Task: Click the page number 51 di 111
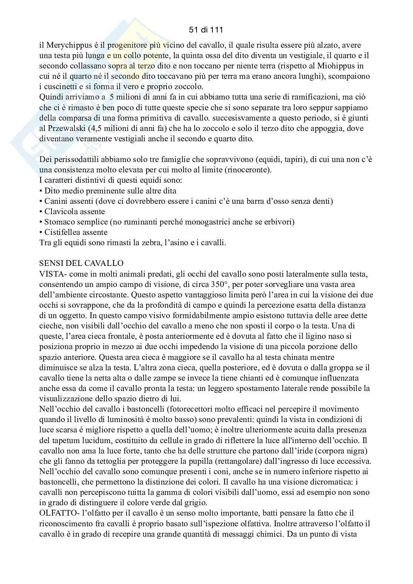pyautogui.click(x=206, y=29)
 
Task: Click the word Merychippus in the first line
pyautogui.click(x=65, y=45)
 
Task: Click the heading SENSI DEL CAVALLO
pyautogui.click(x=81, y=263)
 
